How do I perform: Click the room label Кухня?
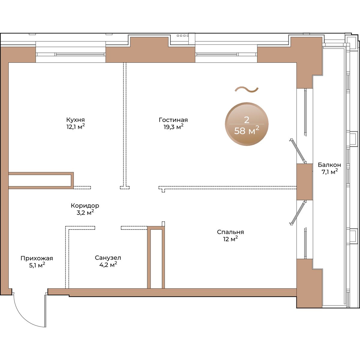(76, 120)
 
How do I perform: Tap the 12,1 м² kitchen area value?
(76, 127)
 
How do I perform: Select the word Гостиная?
(173, 120)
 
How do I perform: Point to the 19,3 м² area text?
(173, 127)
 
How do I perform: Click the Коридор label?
(85, 206)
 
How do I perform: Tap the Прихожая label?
(37, 258)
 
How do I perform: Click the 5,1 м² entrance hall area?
(37, 265)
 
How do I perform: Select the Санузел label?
(108, 258)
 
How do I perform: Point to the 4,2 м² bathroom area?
(108, 265)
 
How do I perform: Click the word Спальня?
(230, 232)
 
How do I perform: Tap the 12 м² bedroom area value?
(230, 239)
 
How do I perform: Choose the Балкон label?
(329, 165)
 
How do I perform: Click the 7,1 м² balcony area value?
(329, 172)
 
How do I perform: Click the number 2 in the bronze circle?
(247, 120)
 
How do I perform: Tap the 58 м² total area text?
(247, 130)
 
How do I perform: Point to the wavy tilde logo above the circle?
(247, 90)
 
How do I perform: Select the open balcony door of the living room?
(298, 151)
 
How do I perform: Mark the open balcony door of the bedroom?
(298, 213)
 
